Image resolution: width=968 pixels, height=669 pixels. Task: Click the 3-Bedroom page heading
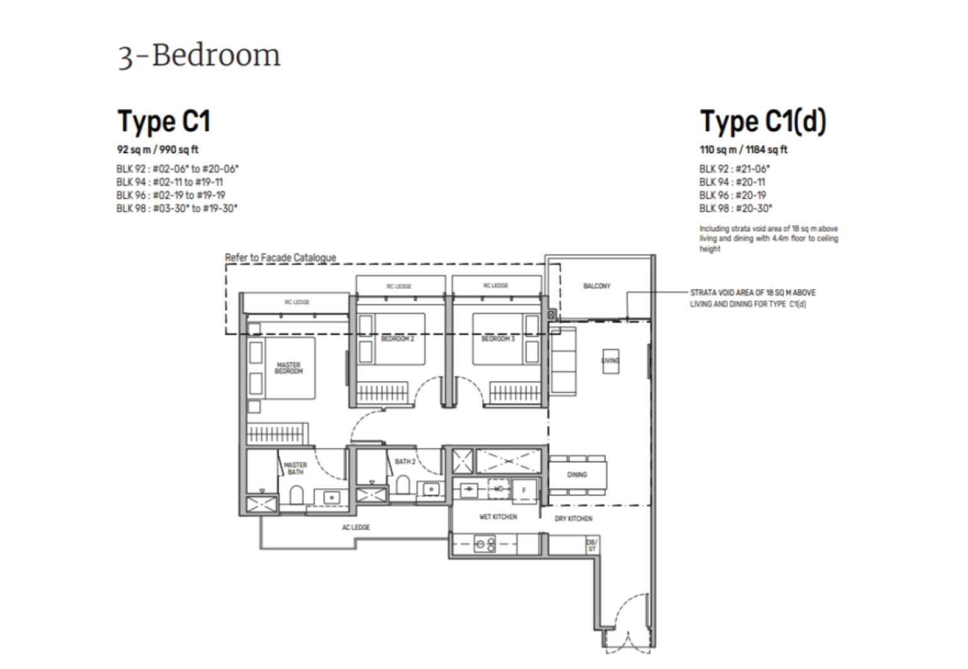tap(199, 55)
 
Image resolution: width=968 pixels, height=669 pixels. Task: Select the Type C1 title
tap(164, 121)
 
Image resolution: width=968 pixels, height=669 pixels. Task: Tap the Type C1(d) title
tap(763, 121)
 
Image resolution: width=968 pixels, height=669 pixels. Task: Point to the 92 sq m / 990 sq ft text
tap(158, 150)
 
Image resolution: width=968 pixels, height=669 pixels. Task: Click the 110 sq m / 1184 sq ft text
tap(743, 150)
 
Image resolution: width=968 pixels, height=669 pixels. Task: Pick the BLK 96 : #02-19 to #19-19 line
tap(171, 195)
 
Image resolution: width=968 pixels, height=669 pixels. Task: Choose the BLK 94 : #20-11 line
tap(732, 182)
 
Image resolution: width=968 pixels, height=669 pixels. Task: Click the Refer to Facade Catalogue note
tap(280, 257)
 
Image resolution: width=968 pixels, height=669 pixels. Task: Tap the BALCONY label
tap(596, 286)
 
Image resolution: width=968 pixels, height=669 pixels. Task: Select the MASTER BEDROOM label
tap(289, 368)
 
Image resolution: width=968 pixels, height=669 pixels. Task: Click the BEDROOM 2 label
tap(397, 339)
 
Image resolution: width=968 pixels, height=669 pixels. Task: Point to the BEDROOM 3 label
tap(498, 339)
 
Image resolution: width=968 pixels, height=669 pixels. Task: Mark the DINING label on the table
tap(577, 475)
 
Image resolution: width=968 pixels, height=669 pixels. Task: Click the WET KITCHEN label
tap(498, 517)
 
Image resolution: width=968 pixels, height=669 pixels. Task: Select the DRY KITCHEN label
tap(573, 519)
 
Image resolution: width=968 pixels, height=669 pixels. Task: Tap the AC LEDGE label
tap(356, 527)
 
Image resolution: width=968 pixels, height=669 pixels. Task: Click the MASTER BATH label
tap(295, 468)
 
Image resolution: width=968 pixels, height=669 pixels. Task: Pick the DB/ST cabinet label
tap(591, 545)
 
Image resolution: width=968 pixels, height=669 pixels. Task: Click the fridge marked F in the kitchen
tap(523, 491)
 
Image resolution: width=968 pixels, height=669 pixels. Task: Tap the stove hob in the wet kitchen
tap(485, 544)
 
